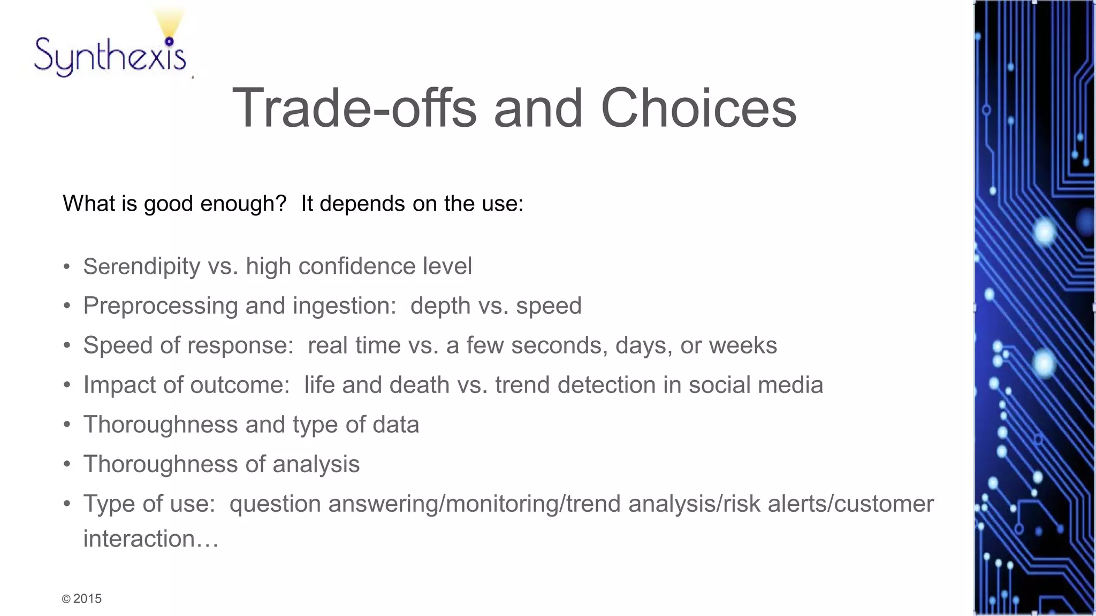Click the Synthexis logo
click(110, 56)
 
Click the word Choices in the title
click(698, 109)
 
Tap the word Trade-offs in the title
click(354, 109)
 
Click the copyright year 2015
click(87, 599)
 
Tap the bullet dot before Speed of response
click(67, 345)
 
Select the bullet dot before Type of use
click(67, 504)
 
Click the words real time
click(354, 345)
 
